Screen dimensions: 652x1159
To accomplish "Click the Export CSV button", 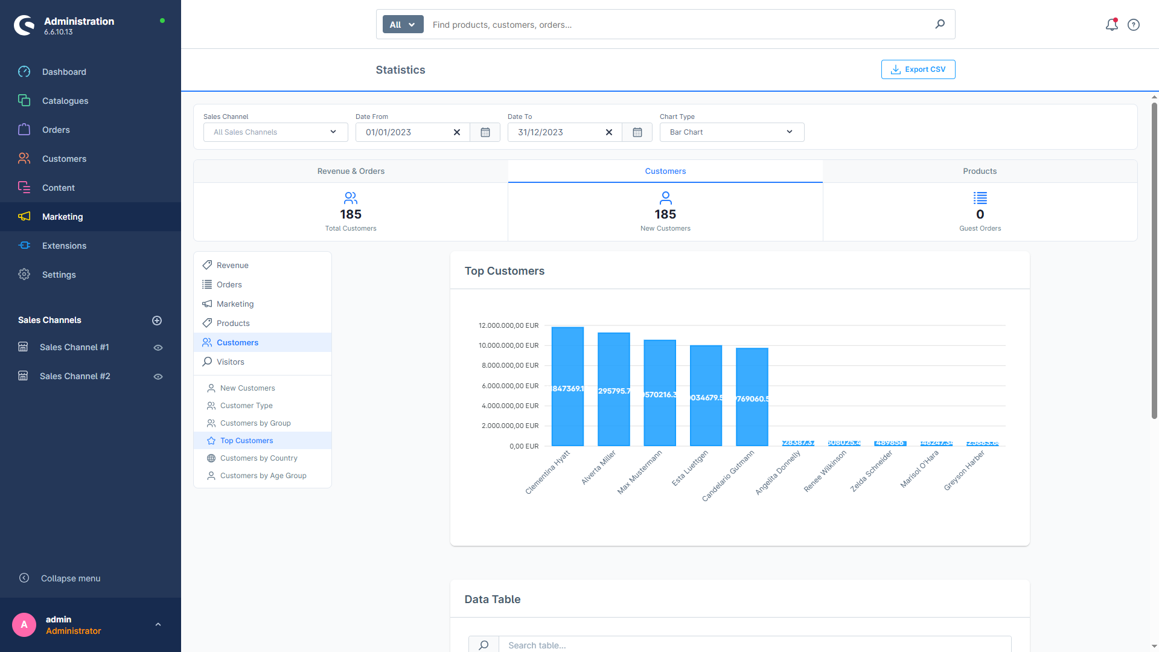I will [x=918, y=69].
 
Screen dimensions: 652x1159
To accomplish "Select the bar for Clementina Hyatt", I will [x=567, y=386].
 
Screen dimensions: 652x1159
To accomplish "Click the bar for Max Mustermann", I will [x=660, y=392].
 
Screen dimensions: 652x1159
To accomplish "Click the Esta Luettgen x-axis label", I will [x=690, y=468].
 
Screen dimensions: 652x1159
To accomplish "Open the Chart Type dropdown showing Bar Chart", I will [x=732, y=132].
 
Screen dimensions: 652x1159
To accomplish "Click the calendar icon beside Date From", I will [x=485, y=132].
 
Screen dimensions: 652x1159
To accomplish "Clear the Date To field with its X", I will [x=608, y=132].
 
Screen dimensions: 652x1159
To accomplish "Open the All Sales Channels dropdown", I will [x=275, y=132].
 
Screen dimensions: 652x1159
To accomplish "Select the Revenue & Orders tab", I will [x=351, y=171].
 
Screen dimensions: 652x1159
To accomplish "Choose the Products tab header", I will [x=979, y=171].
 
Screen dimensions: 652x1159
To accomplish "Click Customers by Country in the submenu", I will [x=258, y=458].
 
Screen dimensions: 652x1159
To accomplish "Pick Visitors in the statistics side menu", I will [x=230, y=362].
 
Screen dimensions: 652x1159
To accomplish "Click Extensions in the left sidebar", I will [x=64, y=246].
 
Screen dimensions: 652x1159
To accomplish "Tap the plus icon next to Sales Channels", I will [x=157, y=321].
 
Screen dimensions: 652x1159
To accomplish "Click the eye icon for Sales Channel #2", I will [x=158, y=377].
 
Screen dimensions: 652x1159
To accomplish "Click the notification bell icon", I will [x=1111, y=25].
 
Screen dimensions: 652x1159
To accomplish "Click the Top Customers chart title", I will [x=504, y=271].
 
